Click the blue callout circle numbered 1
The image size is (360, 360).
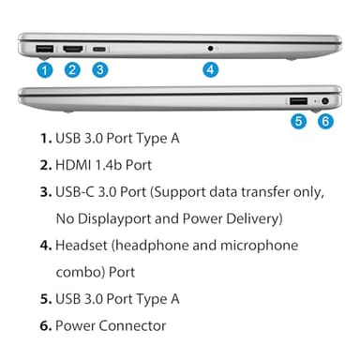point(44,68)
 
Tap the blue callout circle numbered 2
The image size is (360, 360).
point(72,68)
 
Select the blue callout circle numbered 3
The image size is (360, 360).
point(99,68)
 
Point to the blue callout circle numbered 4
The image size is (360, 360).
point(210,68)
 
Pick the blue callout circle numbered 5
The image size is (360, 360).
point(298,120)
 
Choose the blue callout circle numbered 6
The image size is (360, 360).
point(325,120)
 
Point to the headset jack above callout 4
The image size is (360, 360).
point(210,47)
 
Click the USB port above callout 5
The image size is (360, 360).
point(297,100)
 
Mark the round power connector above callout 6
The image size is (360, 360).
point(325,100)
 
